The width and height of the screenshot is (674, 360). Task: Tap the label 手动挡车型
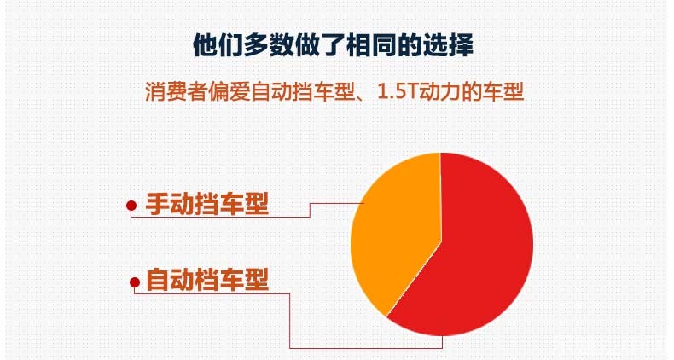point(207,204)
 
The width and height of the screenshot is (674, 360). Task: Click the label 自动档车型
point(207,280)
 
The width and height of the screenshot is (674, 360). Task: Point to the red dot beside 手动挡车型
point(131,206)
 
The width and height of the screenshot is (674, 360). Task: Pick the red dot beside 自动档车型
point(135,282)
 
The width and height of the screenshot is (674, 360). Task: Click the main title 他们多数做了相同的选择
point(334,44)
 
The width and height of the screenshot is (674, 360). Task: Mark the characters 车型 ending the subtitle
point(502,91)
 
